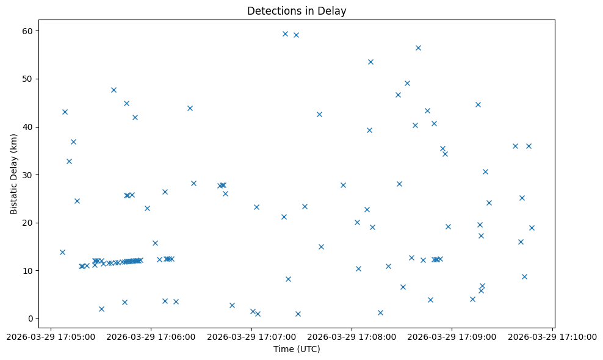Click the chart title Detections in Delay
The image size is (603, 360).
coord(297,11)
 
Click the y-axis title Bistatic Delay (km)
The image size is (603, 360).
coord(14,174)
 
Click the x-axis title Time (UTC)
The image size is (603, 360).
coord(297,349)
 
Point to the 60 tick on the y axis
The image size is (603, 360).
coord(27,31)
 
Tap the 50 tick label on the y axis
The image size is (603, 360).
coord(27,79)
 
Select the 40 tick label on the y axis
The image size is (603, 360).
coord(27,127)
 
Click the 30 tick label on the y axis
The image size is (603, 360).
coord(27,175)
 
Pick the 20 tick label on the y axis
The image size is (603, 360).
coord(27,223)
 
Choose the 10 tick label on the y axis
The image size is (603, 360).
coord(27,270)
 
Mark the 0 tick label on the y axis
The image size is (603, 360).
coord(30,319)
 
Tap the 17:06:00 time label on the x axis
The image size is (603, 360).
coord(151,336)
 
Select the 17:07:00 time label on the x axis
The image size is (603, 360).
coord(251,336)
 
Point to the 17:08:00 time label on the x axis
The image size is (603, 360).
coord(352,336)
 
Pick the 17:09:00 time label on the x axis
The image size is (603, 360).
coord(452,336)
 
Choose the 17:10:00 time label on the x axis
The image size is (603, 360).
coord(553,336)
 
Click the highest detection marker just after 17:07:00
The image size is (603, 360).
coord(285,34)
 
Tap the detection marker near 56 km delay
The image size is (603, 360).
coord(418,48)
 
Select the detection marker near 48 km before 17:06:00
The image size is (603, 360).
coord(114,90)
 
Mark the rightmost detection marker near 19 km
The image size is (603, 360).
coord(532,228)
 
